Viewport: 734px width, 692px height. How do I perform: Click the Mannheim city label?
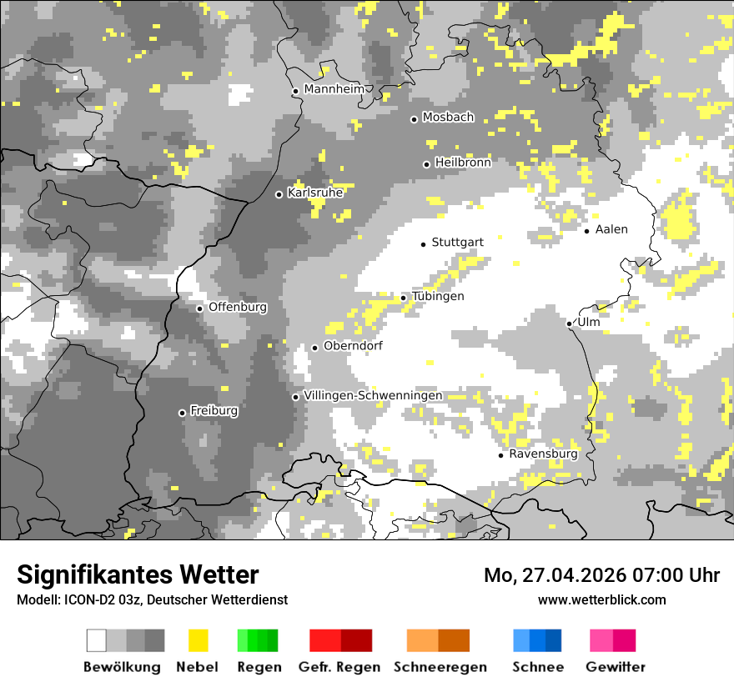tap(334, 89)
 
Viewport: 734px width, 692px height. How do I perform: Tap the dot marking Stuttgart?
tap(423, 243)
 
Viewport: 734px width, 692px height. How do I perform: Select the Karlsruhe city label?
tap(314, 193)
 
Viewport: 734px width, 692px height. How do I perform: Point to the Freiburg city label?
tap(214, 411)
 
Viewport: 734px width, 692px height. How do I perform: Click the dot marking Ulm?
tap(569, 323)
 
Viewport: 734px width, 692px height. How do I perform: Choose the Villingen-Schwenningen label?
tap(373, 396)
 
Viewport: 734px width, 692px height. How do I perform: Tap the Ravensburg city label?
tap(543, 454)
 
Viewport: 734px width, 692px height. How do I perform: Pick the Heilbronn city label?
tap(462, 163)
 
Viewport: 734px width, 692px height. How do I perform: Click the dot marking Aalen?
tap(587, 231)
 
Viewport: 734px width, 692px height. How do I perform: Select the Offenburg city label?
tap(237, 307)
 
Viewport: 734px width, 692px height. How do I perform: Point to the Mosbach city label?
tap(447, 118)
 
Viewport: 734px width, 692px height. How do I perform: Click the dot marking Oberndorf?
tap(314, 348)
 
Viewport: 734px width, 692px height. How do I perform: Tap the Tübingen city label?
tap(437, 297)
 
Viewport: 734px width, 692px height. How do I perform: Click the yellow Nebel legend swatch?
tap(199, 640)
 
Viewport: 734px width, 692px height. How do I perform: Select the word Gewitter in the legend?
tap(615, 667)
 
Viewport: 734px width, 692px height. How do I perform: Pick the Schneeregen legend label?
tap(440, 667)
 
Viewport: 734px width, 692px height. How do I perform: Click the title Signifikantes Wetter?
tap(138, 574)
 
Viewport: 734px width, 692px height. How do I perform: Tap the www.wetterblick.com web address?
tap(601, 599)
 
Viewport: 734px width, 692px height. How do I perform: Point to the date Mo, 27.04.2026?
tap(553, 575)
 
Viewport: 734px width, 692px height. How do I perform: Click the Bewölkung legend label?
tap(122, 667)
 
